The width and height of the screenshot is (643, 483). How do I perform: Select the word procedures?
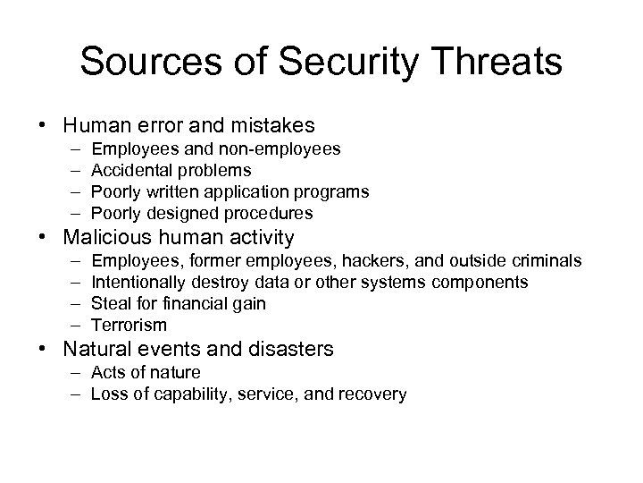(x=271, y=213)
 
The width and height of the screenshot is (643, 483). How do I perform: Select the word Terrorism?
(x=129, y=326)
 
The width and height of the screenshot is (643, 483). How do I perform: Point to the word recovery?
(x=375, y=394)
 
